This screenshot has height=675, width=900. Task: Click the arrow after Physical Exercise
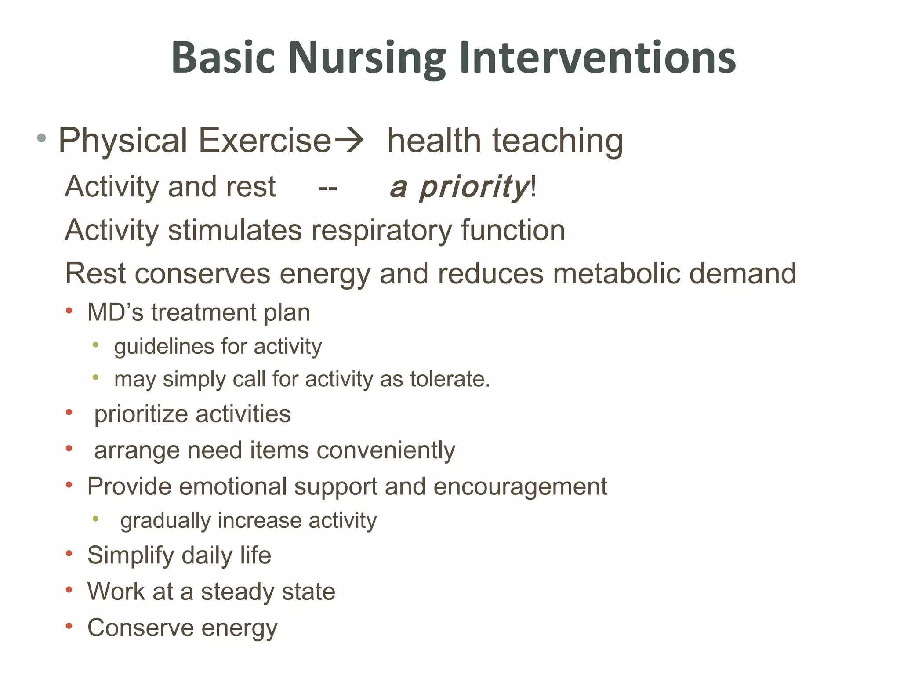tap(349, 141)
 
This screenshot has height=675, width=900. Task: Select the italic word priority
tap(474, 187)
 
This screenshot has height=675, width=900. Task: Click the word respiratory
tap(381, 230)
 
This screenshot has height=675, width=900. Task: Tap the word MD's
tap(115, 312)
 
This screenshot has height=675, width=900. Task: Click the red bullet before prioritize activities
tap(69, 413)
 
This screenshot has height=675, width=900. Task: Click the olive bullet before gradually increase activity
tap(95, 519)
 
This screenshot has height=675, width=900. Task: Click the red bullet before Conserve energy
tap(69, 626)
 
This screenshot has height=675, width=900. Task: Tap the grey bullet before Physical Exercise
tap(41, 138)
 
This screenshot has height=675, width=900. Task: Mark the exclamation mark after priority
tap(533, 186)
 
